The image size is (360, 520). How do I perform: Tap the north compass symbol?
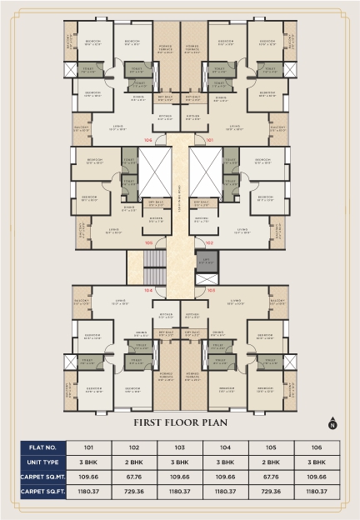pos(331,421)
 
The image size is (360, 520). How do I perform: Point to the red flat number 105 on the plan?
pos(149,242)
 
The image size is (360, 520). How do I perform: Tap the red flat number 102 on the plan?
pos(209,242)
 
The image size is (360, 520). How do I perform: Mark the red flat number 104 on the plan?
pos(149,290)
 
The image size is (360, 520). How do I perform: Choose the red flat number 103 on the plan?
pos(210,290)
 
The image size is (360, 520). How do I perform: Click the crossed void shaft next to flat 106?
pos(153,173)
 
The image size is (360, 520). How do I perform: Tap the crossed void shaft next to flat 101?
pos(206,173)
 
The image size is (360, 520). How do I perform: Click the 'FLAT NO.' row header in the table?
pos(42,445)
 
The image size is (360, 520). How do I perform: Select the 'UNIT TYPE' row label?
pos(42,461)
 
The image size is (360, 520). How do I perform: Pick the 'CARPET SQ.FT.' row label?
pos(42,492)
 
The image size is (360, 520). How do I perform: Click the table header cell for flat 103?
pos(180,445)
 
